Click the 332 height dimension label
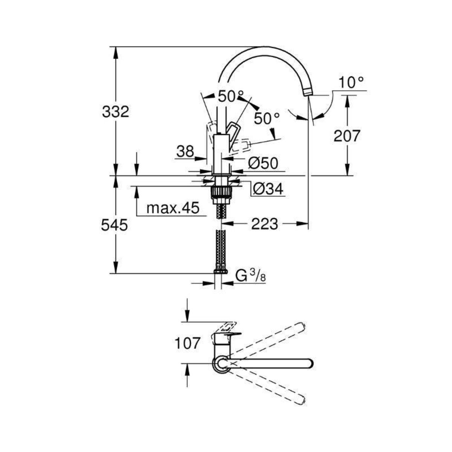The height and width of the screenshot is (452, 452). pos(116,111)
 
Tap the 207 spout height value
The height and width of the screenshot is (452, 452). pos(347,136)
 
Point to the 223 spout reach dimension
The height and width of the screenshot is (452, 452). pos(264,224)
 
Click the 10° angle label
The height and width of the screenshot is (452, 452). pos(351,82)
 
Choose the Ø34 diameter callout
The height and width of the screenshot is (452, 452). pos(268,189)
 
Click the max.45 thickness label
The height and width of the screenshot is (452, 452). pos(172,208)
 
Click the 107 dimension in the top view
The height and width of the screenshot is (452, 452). pos(187,343)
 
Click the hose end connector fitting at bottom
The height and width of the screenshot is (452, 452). pos(220,270)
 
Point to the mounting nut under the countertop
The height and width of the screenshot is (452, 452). pos(220,191)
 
